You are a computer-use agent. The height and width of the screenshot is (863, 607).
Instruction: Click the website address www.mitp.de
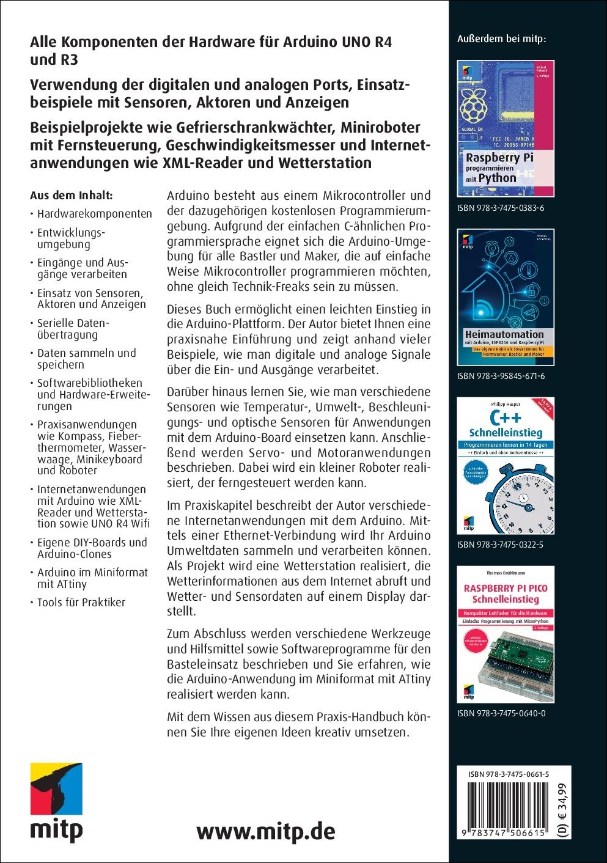(x=266, y=831)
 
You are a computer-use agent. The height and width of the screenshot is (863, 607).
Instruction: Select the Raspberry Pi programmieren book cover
(x=506, y=128)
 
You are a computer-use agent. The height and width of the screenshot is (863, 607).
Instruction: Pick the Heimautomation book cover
(x=506, y=297)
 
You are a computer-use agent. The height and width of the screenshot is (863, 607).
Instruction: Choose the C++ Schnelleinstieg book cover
(x=506, y=466)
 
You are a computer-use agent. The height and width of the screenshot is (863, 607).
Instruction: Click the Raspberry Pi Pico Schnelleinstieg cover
(x=506, y=634)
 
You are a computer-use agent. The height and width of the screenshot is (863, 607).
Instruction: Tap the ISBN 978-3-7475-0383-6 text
(x=501, y=208)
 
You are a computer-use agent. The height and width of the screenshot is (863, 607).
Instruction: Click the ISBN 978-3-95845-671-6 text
(x=501, y=376)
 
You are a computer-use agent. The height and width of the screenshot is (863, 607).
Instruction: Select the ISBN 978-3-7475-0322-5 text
(x=501, y=544)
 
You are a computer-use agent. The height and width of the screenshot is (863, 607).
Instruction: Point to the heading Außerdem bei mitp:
(x=501, y=39)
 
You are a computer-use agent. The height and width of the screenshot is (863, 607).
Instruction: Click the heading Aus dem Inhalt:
(x=72, y=196)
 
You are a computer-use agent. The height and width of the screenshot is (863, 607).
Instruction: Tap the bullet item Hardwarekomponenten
(x=94, y=214)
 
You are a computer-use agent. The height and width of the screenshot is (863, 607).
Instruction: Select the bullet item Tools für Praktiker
(x=81, y=602)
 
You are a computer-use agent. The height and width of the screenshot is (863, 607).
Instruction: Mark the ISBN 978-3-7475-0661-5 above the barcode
(x=509, y=774)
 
